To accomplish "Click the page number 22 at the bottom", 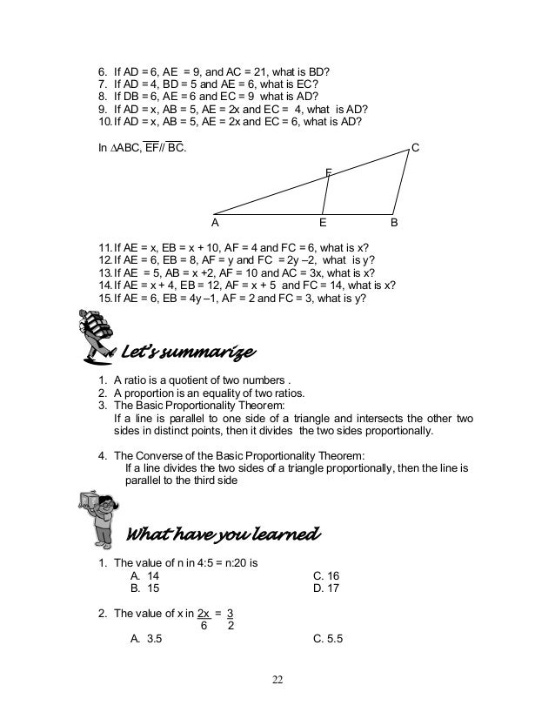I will click(277, 680).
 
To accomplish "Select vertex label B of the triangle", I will click(394, 222).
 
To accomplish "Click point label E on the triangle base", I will click(324, 222).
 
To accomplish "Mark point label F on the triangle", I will click(328, 172).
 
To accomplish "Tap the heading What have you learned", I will click(224, 532).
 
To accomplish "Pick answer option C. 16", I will click(325, 576).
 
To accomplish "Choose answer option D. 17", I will click(325, 588).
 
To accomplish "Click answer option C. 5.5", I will click(328, 638).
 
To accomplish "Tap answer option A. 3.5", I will click(146, 638).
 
